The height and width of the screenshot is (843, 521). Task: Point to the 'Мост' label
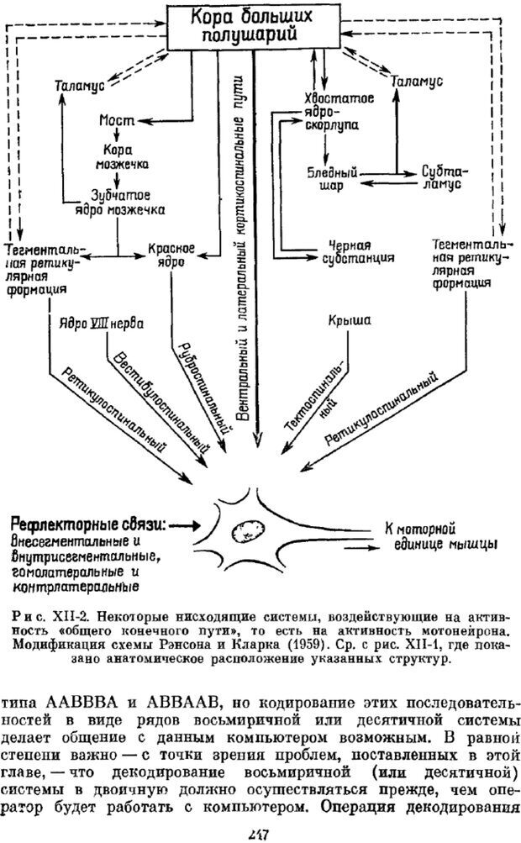[x=118, y=120]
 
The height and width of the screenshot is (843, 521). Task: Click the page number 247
[x=258, y=832]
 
